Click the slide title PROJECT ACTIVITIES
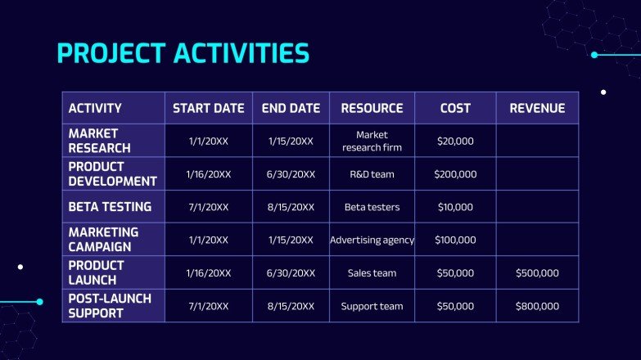[x=183, y=53]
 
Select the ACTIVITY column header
[x=95, y=108]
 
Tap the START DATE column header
[x=208, y=108]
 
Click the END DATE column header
[x=291, y=108]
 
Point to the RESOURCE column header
[x=372, y=108]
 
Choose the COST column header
[x=455, y=108]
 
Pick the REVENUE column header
[x=537, y=108]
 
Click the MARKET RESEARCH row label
[x=99, y=141]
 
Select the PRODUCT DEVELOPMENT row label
[x=112, y=173]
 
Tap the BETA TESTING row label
[x=110, y=207]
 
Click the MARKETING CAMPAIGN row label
[x=103, y=240]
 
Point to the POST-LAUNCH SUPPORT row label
[x=110, y=306]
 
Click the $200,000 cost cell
[x=455, y=174]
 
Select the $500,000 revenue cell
[x=537, y=273]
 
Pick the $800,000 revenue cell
[x=537, y=306]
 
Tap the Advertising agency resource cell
[x=372, y=240]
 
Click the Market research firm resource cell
[x=372, y=141]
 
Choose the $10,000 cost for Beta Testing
[x=455, y=207]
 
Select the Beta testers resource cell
[x=372, y=207]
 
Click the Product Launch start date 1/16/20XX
[x=208, y=273]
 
